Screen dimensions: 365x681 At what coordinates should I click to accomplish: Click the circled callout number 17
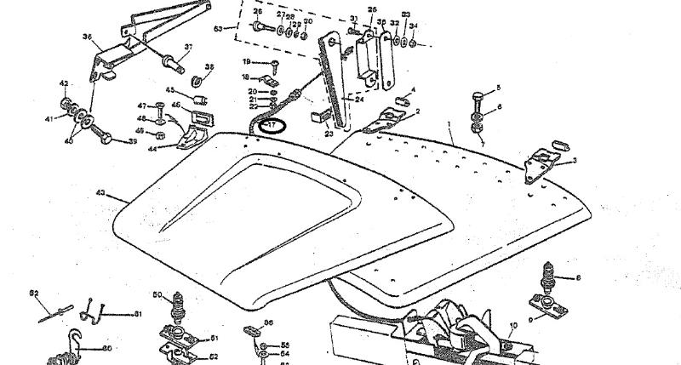click(x=274, y=127)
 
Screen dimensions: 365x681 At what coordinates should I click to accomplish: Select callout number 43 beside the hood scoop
click(x=100, y=194)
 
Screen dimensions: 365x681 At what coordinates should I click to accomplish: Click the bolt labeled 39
click(x=106, y=136)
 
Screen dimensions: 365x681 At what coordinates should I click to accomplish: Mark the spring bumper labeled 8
click(x=548, y=277)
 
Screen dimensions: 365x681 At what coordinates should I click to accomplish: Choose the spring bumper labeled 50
click(x=179, y=304)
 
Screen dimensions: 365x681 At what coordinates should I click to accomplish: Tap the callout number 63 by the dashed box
click(x=219, y=29)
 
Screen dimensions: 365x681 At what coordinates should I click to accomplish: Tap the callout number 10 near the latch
click(x=512, y=326)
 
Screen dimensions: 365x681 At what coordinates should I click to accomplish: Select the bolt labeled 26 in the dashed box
click(x=260, y=26)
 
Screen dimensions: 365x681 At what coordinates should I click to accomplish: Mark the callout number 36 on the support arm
click(x=87, y=37)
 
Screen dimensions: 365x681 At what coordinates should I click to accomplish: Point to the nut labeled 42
click(x=64, y=83)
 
